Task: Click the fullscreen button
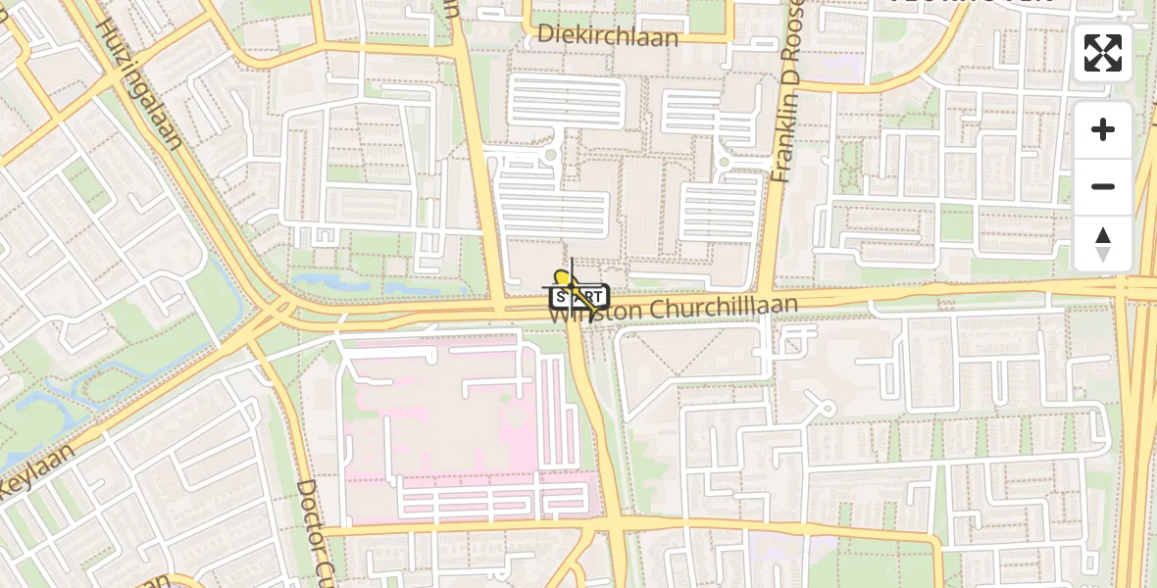tap(1103, 53)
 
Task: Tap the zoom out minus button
tap(1103, 186)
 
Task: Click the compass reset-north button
tap(1103, 243)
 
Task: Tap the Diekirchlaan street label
tap(608, 37)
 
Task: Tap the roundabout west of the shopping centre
tap(549, 154)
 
